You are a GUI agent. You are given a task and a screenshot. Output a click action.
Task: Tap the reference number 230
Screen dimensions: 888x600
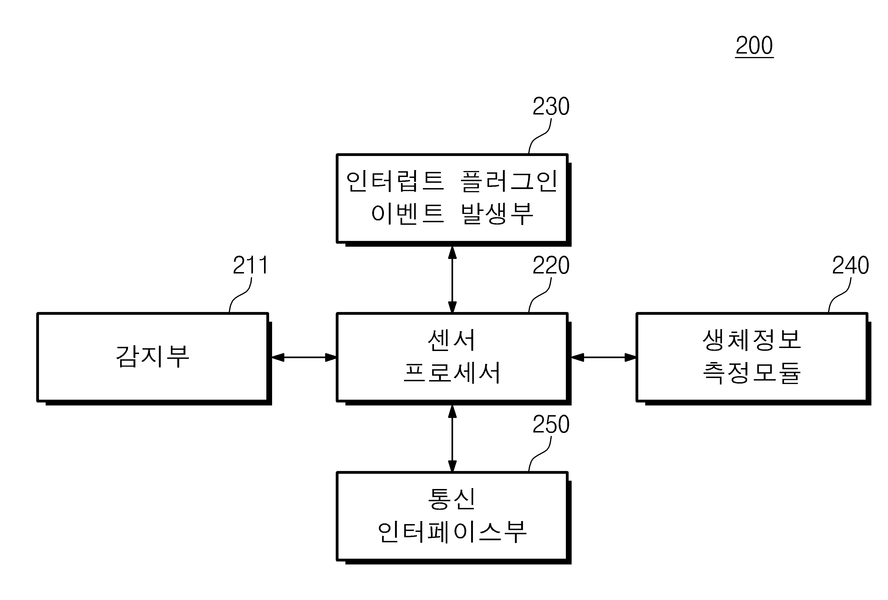coord(551,106)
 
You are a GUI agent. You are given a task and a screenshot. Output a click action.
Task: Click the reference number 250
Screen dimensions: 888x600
coord(551,424)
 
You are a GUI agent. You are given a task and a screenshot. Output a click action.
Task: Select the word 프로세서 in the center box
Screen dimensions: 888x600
coord(452,373)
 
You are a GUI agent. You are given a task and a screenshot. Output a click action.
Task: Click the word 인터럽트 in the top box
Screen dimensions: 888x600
coord(395,181)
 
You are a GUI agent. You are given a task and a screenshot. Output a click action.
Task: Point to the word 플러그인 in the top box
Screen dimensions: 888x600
coord(509,181)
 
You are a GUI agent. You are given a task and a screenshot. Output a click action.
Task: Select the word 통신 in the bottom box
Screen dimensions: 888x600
coord(452,499)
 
